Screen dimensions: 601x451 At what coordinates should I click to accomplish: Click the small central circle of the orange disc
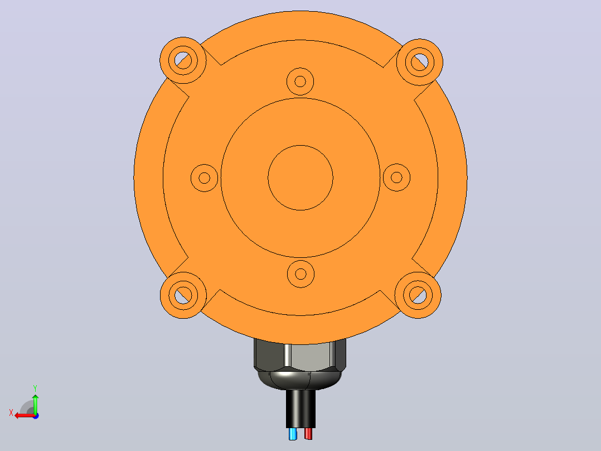[300, 177]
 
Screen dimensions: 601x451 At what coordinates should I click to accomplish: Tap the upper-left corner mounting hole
[183, 60]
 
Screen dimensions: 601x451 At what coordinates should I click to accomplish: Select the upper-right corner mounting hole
[420, 62]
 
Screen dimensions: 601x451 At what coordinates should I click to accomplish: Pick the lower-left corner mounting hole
[183, 295]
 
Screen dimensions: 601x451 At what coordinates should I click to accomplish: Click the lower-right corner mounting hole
[418, 295]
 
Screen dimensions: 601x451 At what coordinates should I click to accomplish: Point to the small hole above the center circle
[300, 81]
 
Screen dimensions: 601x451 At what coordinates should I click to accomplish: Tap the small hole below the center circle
[301, 274]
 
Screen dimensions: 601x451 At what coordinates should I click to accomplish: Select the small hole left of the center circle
[204, 177]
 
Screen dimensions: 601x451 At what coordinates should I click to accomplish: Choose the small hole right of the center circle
[397, 177]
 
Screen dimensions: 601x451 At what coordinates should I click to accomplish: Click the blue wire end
[293, 434]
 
